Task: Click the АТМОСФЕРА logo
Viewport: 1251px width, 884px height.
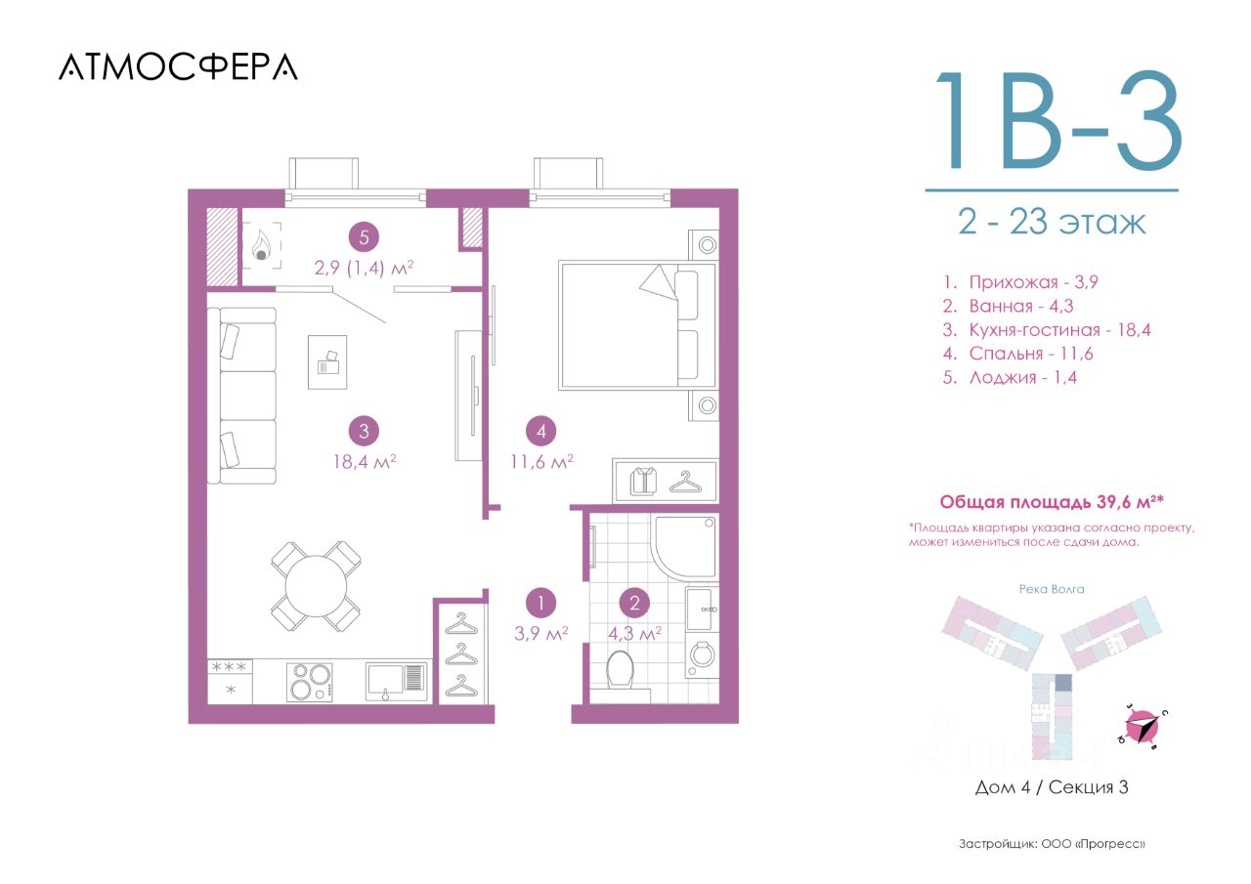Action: click(178, 67)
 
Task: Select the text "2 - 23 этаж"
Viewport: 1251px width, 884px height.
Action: click(1052, 222)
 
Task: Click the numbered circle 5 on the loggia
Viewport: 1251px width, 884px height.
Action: click(365, 237)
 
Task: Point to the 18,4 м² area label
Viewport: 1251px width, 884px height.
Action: click(365, 461)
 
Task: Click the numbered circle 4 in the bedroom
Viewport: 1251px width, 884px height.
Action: click(541, 431)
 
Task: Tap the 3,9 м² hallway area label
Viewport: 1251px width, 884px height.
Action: click(541, 633)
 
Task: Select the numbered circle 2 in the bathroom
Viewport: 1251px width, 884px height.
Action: click(634, 603)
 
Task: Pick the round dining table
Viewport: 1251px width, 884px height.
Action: click(316, 586)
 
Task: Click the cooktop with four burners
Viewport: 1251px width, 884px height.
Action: click(310, 682)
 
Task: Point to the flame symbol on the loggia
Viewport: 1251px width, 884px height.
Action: click(261, 245)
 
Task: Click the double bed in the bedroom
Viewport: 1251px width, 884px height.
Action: click(638, 326)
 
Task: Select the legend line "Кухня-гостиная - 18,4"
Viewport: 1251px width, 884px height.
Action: click(1046, 330)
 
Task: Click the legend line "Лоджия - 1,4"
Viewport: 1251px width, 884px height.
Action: click(1010, 378)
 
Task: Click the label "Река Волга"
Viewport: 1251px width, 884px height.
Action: click(1052, 589)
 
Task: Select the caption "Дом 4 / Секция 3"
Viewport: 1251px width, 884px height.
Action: click(1052, 787)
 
